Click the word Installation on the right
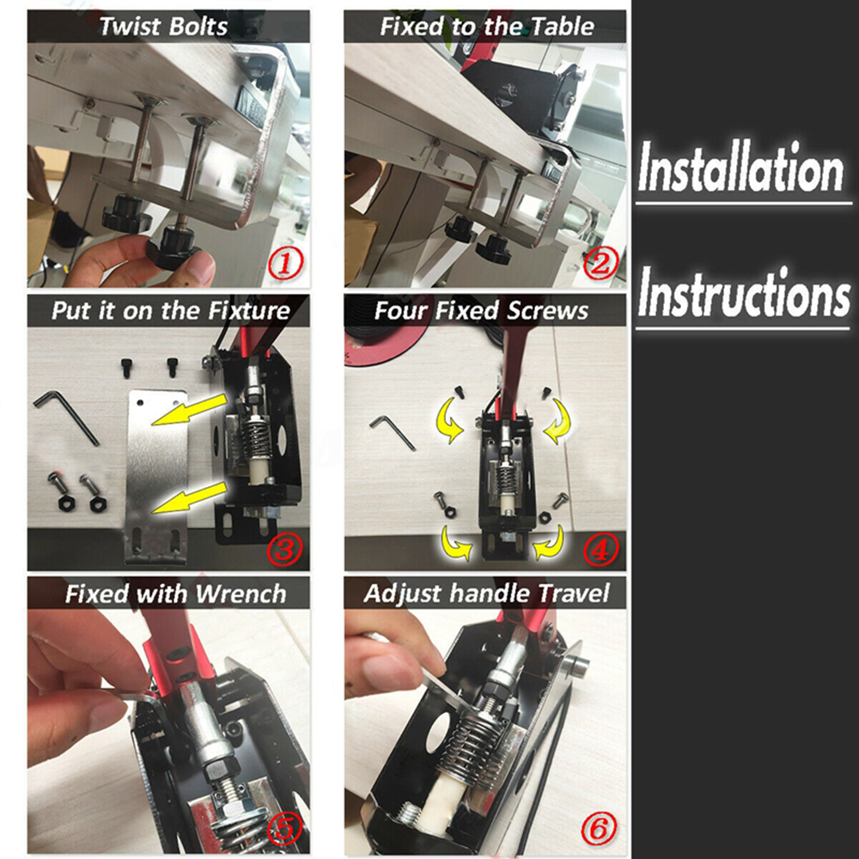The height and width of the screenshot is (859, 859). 740,170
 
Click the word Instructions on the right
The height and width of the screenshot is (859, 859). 743,294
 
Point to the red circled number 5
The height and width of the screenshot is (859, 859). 284,830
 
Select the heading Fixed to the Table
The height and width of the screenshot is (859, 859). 486,26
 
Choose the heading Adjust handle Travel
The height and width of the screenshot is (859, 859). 486,593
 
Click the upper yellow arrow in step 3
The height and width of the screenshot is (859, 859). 189,409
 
